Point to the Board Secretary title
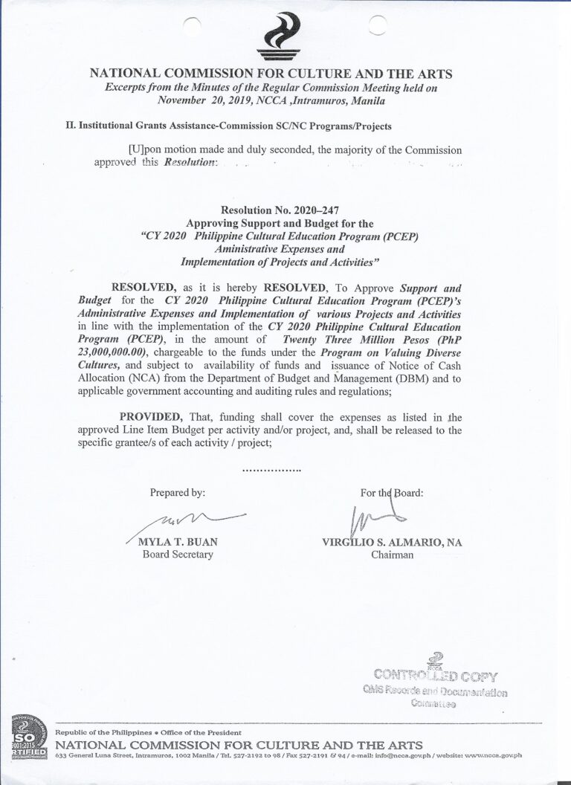pyautogui.click(x=178, y=554)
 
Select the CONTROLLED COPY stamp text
pyautogui.click(x=436, y=676)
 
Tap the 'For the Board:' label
pyautogui.click(x=392, y=492)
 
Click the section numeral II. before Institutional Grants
pyautogui.click(x=71, y=127)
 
